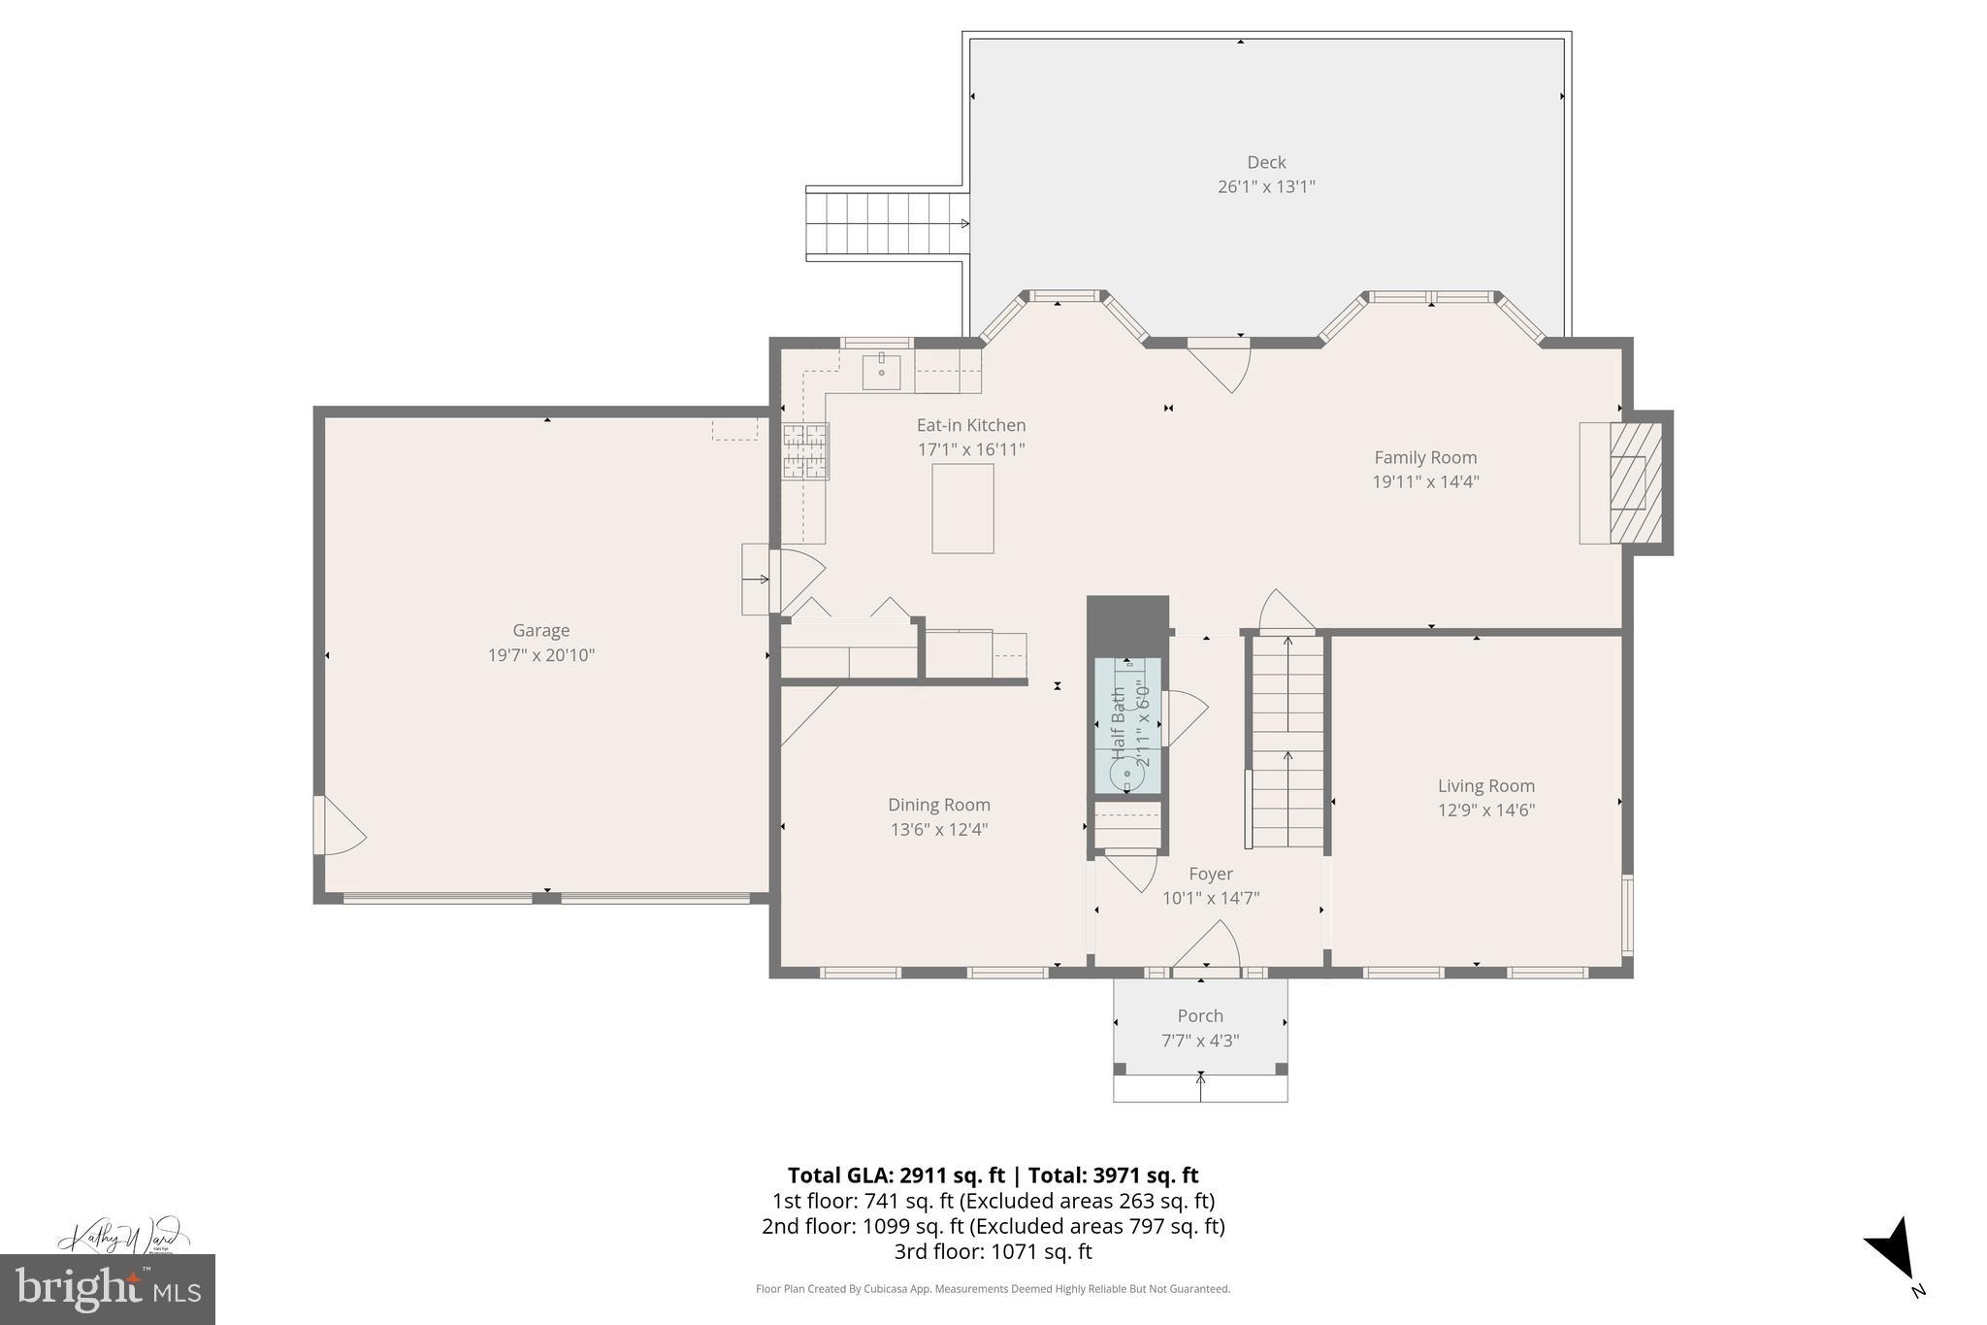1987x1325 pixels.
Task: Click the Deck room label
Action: pos(1266,162)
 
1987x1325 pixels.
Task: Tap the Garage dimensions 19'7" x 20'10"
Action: pos(540,655)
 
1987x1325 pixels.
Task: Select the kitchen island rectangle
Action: pos(962,508)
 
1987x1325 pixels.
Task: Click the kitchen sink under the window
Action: pos(881,373)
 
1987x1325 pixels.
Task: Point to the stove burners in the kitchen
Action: pos(805,451)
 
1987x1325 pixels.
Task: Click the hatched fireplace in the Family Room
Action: pos(1628,481)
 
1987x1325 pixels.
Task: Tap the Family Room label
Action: pos(1425,457)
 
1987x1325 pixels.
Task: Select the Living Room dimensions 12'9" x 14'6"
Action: pos(1485,811)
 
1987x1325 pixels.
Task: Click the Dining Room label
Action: pos(938,805)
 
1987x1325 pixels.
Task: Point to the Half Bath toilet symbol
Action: pos(1125,773)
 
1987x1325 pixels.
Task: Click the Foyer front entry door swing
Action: pos(1209,946)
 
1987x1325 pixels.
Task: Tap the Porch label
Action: pos(1200,1015)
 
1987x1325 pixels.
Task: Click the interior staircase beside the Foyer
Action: pos(1287,743)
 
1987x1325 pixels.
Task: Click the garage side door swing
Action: pos(340,827)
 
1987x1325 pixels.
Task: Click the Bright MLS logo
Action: pos(107,1288)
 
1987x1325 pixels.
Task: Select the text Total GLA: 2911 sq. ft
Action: pos(896,1176)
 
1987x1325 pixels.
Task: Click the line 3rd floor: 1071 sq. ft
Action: pos(993,1251)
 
